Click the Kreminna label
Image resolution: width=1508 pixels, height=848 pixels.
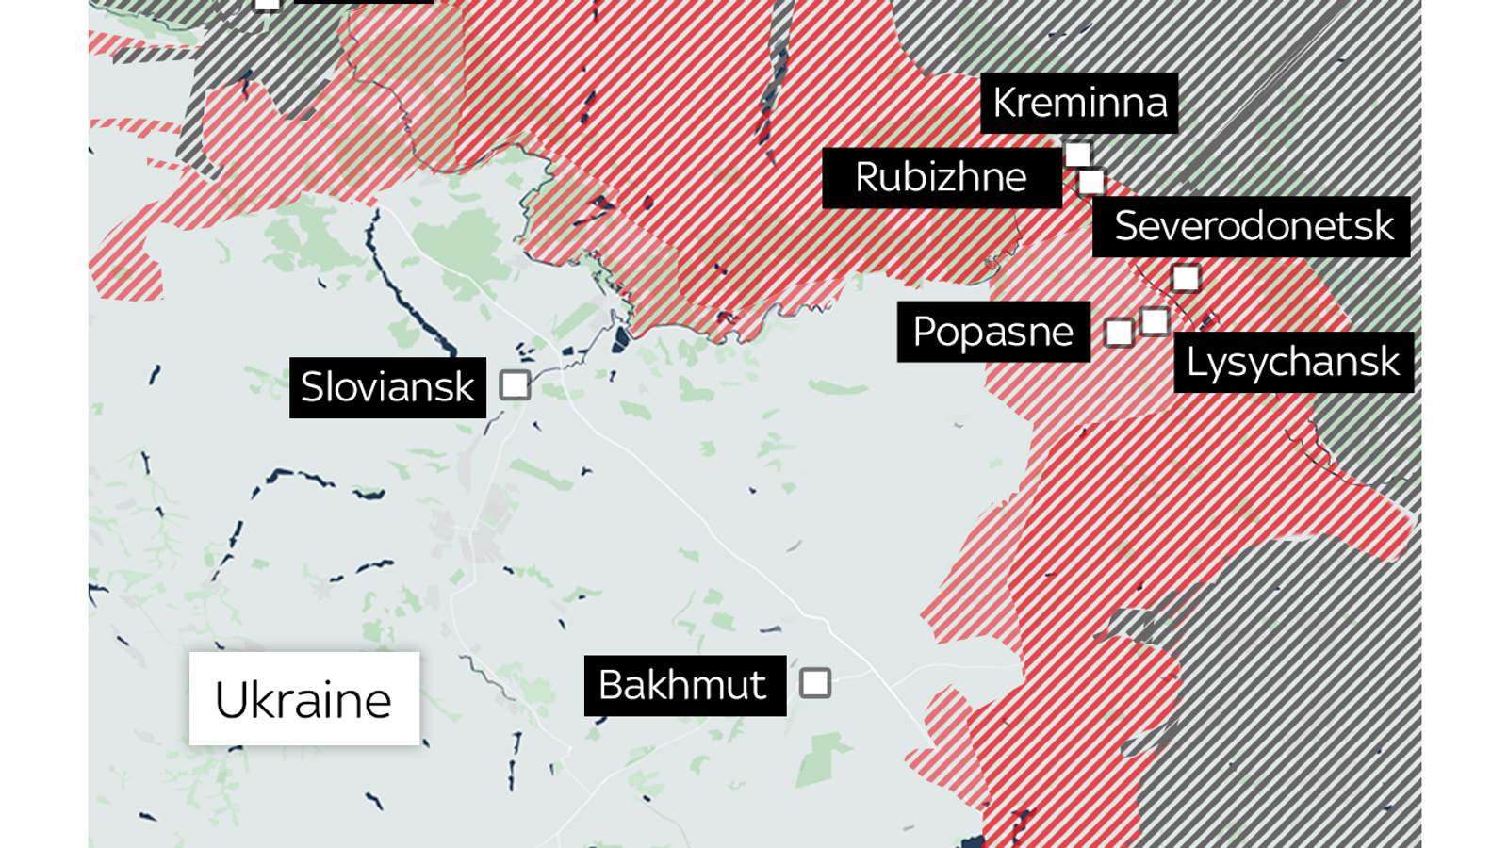[x=1079, y=103]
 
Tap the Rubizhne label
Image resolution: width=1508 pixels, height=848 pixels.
[x=942, y=177]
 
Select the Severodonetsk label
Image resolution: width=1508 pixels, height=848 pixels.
[x=1252, y=226]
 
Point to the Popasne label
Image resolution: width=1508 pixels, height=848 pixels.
[x=993, y=332]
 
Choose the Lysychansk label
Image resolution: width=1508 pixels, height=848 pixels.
[x=1293, y=362]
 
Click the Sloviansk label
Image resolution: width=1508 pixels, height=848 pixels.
[x=387, y=387]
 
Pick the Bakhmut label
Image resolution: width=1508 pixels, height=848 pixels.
[x=684, y=685]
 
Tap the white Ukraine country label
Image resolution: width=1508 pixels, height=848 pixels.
[x=303, y=699]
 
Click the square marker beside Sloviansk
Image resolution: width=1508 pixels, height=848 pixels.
[x=515, y=385]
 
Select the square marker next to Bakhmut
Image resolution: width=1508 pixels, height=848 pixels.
[x=815, y=683]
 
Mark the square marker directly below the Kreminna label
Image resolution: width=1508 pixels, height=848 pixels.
[x=1077, y=155]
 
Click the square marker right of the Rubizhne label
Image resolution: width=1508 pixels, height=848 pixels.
[x=1091, y=181]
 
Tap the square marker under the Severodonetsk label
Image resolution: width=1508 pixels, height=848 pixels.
[x=1186, y=278]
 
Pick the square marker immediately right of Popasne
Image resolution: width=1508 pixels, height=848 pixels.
[x=1119, y=333]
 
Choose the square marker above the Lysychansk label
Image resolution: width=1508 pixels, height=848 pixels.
[x=1155, y=321]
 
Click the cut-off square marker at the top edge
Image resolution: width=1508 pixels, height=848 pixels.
[x=268, y=4]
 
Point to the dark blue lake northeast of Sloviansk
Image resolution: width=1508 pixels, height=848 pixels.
[x=620, y=340]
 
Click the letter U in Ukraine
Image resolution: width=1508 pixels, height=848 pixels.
[x=232, y=700]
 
